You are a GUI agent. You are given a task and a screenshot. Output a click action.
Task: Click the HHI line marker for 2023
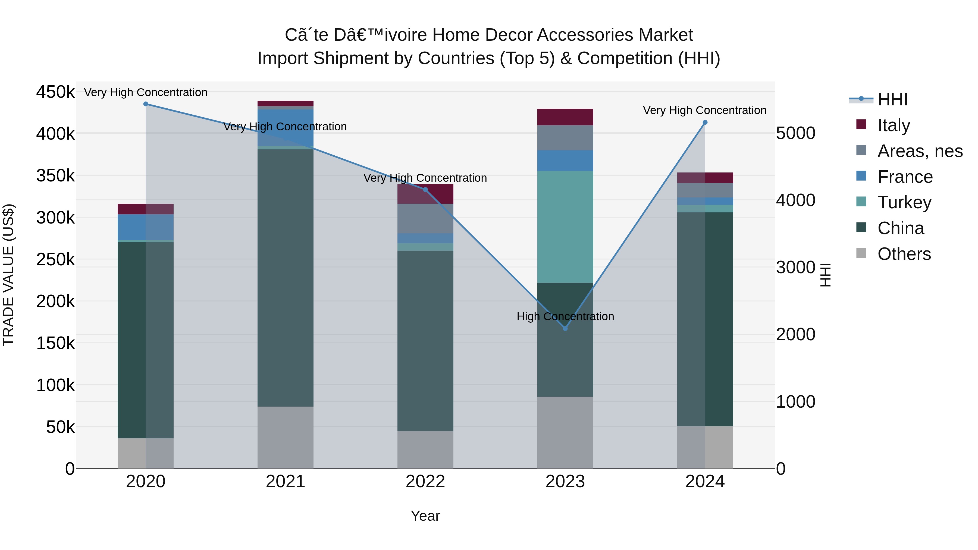565,328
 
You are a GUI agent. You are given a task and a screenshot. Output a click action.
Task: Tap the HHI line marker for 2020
146,104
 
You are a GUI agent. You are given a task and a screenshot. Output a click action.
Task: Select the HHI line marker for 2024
705,122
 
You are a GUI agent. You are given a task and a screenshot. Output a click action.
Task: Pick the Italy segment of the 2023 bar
565,117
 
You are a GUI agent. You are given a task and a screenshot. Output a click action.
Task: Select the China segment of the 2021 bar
286,278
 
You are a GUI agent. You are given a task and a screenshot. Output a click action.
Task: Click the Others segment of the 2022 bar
425,450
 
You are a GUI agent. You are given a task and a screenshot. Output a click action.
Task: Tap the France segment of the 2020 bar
146,227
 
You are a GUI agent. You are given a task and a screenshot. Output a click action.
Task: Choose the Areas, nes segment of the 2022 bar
425,218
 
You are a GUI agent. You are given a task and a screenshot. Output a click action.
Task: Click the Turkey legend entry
904,202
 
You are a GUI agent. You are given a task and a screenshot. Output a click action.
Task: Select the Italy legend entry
893,125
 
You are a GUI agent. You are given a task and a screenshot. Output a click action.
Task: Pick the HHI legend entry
892,99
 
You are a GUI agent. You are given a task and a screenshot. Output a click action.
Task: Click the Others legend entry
904,254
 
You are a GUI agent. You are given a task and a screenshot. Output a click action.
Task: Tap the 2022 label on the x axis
425,482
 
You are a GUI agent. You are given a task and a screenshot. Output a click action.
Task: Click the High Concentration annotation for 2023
565,316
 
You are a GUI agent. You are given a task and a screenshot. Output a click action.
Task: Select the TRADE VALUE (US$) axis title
8,275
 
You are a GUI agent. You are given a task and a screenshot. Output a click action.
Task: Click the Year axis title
425,516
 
